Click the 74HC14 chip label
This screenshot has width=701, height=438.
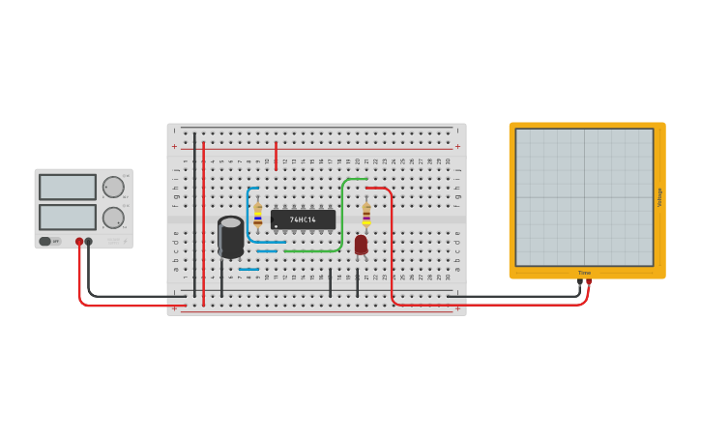303,219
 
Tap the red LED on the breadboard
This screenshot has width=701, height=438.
361,245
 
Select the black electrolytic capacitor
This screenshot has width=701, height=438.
231,237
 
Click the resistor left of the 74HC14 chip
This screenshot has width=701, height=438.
257,214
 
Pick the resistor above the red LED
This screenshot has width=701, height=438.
366,214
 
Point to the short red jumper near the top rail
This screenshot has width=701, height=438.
276,156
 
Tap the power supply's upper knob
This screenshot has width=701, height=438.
113,187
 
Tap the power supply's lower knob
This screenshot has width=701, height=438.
113,218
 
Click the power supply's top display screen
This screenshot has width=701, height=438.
68,187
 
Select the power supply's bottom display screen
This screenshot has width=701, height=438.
68,217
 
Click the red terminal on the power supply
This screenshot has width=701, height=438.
79,242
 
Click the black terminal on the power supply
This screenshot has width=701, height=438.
89,242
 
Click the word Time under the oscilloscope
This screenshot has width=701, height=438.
584,273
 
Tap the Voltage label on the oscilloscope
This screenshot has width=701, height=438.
660,196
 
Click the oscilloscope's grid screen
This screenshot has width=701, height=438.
584,196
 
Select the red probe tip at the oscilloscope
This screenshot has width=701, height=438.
589,282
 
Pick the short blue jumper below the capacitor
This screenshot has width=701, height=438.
248,270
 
